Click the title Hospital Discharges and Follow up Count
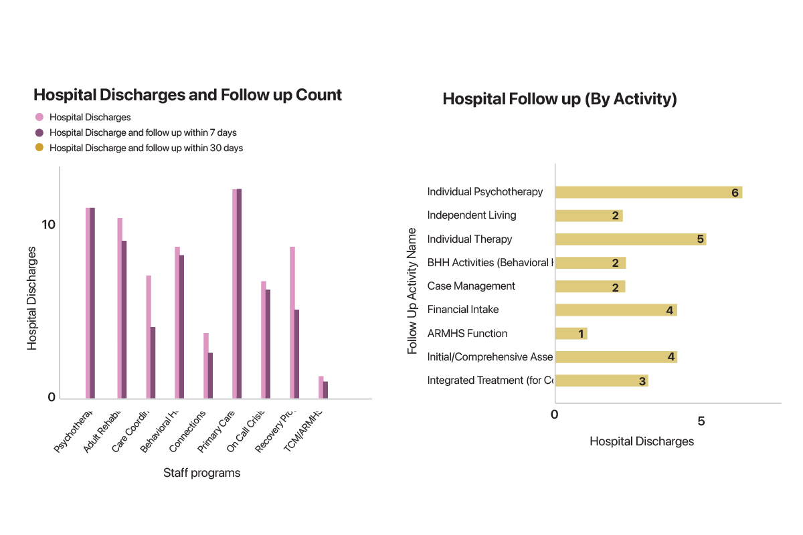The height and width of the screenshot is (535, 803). point(187,95)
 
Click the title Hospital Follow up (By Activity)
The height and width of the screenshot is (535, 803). point(559,100)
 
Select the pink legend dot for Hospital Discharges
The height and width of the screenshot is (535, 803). point(39,117)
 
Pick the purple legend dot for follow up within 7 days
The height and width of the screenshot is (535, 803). point(39,132)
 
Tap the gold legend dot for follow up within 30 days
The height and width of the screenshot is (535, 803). point(39,148)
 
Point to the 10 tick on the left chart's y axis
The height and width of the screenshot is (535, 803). point(48,224)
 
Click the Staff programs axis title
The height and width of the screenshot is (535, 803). point(201,473)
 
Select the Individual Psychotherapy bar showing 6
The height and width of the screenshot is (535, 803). point(648,193)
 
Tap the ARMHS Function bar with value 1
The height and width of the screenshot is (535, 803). point(571,333)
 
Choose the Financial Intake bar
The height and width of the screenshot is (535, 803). point(616,310)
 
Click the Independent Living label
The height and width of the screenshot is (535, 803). point(471,215)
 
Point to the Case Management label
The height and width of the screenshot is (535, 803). point(471,286)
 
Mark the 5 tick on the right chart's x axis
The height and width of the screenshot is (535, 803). point(701,421)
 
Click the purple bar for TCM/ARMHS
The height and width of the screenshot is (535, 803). point(325,390)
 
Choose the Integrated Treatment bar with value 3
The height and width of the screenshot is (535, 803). point(601,381)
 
